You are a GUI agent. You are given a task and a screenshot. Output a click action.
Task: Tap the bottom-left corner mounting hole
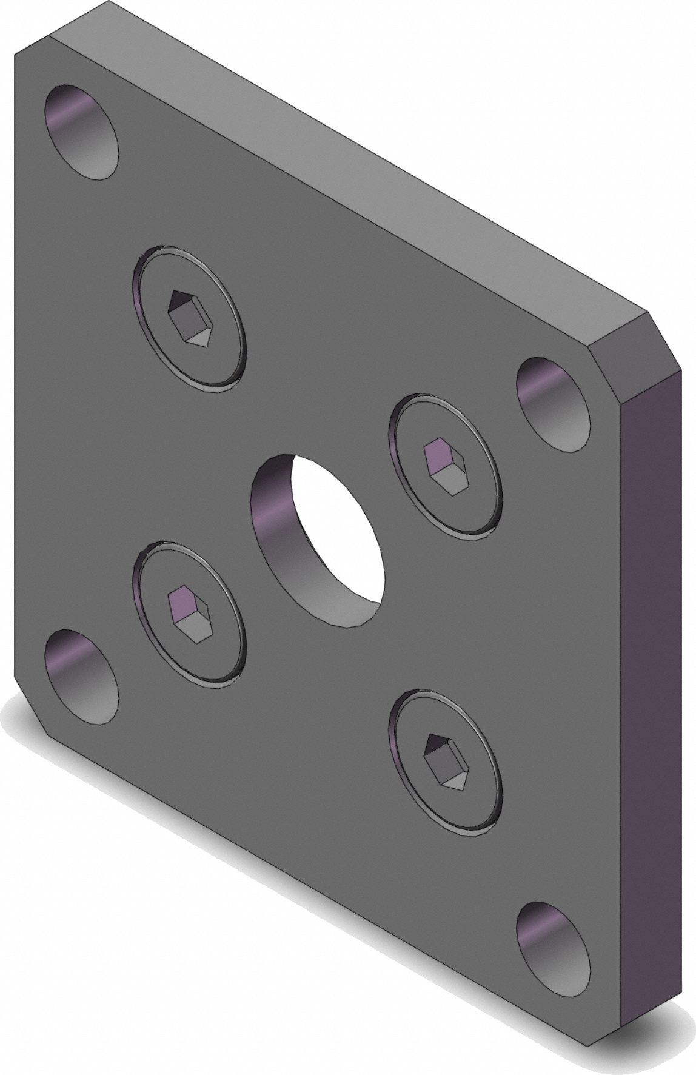point(81,677)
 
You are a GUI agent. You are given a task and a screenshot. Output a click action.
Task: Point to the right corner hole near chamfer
point(552,404)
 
